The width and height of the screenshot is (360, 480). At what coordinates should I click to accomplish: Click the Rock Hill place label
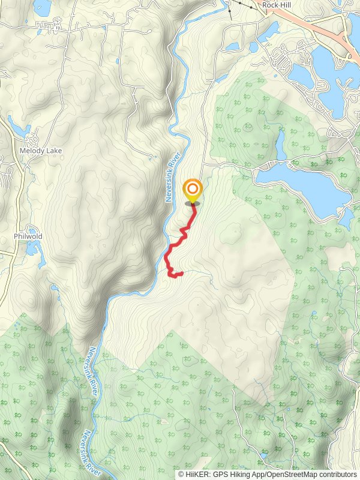pos(277,5)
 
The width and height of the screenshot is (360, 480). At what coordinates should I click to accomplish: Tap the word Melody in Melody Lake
pos(31,151)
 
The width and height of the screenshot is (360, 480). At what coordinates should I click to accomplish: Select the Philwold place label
pos(28,236)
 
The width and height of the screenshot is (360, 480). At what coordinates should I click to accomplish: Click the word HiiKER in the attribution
pos(198,474)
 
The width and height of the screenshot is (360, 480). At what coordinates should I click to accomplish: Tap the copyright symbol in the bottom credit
pos(182,474)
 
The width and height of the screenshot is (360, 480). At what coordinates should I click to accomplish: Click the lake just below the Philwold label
pos(32,248)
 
